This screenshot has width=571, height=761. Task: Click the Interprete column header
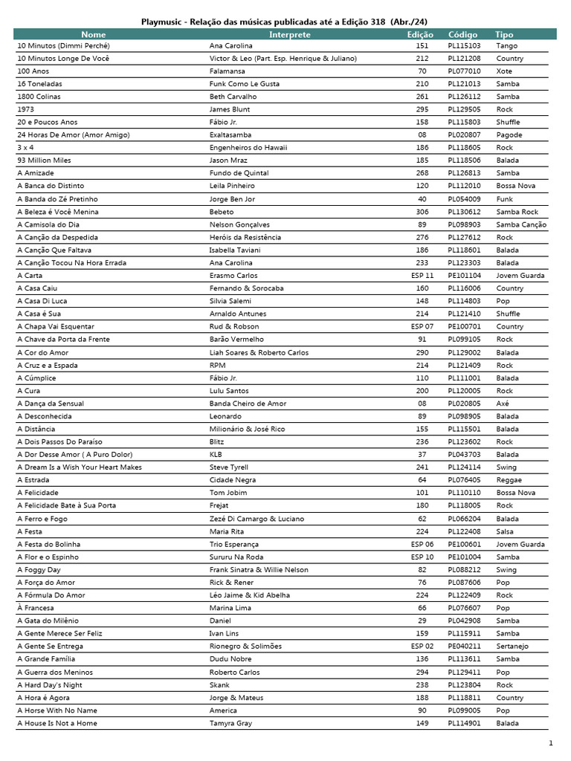click(290, 34)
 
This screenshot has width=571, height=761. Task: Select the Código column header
click(463, 34)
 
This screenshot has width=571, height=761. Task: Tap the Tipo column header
click(504, 34)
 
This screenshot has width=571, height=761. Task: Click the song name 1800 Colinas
click(39, 97)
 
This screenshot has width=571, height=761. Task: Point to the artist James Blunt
click(230, 109)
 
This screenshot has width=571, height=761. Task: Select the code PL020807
click(464, 135)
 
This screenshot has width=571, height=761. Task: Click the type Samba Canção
click(521, 224)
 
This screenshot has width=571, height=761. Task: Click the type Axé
click(503, 403)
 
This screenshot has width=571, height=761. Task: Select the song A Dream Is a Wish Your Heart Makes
click(80, 467)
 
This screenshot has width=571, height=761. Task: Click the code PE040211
click(464, 646)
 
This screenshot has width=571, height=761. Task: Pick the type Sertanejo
click(512, 646)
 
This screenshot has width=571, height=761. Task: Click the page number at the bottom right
click(551, 743)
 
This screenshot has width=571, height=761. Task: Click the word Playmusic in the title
click(164, 22)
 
